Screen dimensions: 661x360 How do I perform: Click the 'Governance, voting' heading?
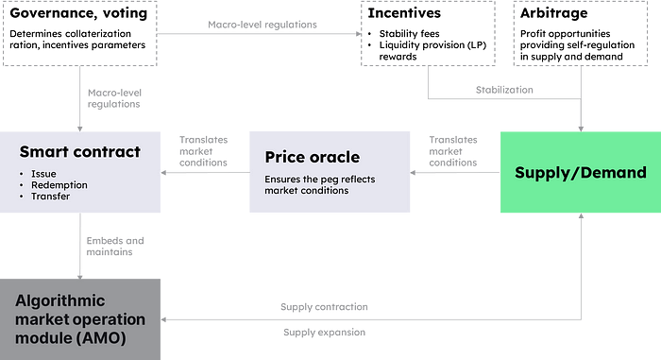(x=78, y=13)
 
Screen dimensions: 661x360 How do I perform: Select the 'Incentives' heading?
(x=404, y=13)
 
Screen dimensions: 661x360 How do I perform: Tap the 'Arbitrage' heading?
(x=554, y=13)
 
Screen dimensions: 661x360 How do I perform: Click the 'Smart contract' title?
(x=80, y=151)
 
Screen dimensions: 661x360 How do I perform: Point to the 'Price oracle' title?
(x=313, y=157)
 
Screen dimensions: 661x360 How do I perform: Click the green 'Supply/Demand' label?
(x=581, y=173)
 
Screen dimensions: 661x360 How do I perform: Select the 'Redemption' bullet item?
(x=59, y=185)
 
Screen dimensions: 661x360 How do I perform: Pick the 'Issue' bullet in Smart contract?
(x=43, y=174)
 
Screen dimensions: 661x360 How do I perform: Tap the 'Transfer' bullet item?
(x=51, y=197)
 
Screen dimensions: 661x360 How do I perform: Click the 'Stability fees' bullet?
(x=409, y=34)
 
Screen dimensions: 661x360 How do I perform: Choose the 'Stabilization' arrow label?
(x=504, y=90)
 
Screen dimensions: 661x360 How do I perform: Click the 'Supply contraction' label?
(x=324, y=307)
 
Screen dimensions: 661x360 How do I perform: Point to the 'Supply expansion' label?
(x=324, y=333)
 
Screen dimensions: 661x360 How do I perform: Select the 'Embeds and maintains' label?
(x=115, y=246)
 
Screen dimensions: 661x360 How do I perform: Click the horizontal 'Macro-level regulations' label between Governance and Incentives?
(x=263, y=25)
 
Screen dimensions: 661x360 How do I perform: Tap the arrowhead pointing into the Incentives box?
(x=359, y=34)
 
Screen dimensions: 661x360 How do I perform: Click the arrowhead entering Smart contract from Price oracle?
(x=164, y=172)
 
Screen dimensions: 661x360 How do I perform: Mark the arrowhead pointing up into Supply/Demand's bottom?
(x=581, y=215)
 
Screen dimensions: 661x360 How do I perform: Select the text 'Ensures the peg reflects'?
(x=320, y=180)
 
